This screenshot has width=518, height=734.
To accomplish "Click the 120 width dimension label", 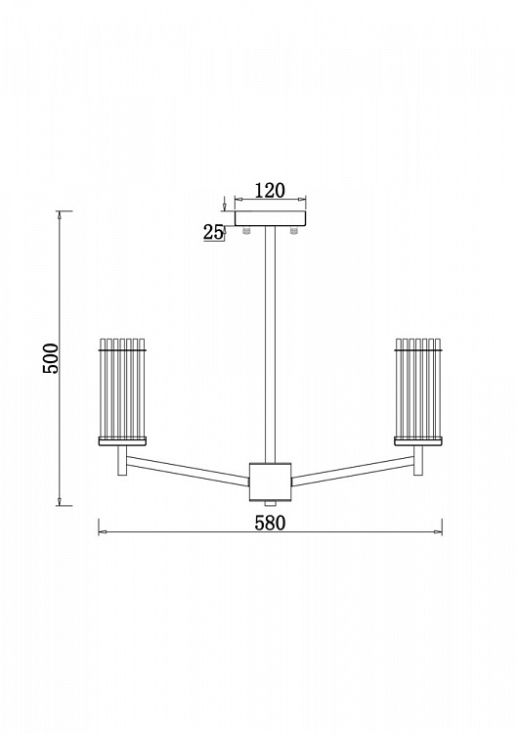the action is (x=270, y=190).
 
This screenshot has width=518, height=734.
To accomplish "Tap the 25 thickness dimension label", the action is (x=213, y=232).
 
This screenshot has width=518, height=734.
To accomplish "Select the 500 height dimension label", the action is (x=51, y=358).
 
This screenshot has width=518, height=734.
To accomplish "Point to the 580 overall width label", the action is (x=270, y=523).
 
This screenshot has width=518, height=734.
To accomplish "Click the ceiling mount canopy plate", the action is (x=271, y=218).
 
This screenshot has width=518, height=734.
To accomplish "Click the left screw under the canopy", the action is (x=246, y=229).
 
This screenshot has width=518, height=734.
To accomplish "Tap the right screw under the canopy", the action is (x=293, y=229).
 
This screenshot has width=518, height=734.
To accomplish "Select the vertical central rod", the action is (x=270, y=344).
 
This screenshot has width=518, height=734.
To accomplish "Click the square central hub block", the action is (x=270, y=482).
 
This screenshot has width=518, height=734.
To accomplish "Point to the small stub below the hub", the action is (x=270, y=503).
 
